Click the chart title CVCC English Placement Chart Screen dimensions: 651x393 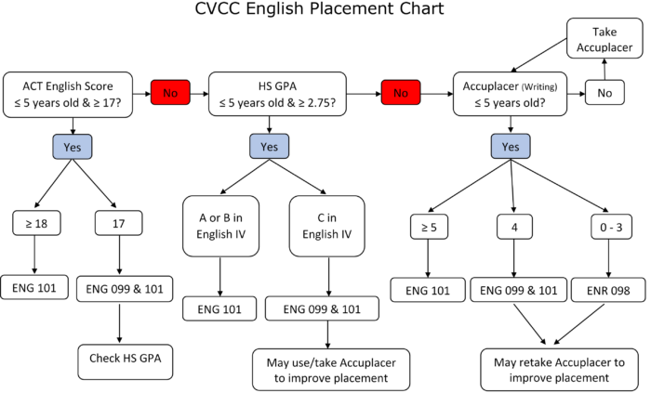319,8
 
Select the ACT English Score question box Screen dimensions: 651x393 68,95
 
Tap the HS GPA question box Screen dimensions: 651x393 277,94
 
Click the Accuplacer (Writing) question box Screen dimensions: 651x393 510,94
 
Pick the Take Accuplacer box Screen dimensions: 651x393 604,38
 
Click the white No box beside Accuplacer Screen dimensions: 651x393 604,93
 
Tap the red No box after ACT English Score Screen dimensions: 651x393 170,93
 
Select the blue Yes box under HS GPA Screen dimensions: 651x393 269,147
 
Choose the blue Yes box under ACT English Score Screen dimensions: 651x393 73,147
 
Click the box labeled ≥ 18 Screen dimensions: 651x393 36,224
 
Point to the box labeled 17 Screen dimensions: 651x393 119,224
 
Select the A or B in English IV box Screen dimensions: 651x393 221,227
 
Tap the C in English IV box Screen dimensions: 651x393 327,227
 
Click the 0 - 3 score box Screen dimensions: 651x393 611,227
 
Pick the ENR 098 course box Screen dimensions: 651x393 608,290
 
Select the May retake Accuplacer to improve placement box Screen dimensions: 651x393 559,370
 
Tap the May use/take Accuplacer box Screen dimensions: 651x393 331,370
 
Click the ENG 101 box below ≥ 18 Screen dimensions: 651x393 34,287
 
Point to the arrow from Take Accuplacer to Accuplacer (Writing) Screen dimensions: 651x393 538,55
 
